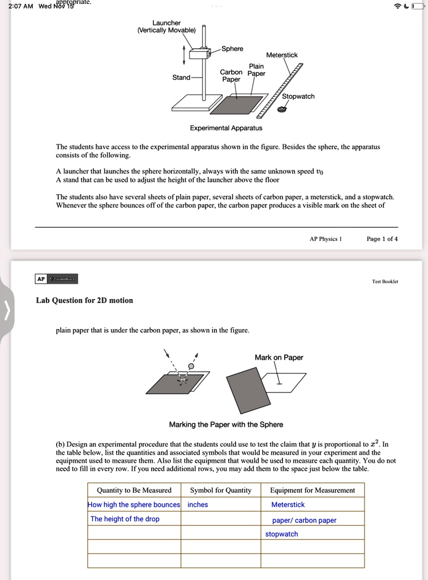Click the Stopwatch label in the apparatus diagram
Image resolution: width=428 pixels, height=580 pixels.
point(298,96)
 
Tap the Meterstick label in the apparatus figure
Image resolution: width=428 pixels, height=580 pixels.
point(282,55)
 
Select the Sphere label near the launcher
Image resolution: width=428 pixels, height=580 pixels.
point(232,49)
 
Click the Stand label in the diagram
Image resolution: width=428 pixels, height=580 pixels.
point(181,78)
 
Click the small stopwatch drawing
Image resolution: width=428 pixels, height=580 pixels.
point(282,110)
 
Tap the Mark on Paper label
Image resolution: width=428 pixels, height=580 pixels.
point(279,357)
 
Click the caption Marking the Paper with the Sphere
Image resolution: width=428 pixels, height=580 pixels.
point(226,424)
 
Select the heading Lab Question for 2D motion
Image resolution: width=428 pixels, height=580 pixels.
point(84,300)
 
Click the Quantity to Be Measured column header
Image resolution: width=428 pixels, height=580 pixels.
point(134,490)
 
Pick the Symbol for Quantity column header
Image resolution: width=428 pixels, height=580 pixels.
point(220,490)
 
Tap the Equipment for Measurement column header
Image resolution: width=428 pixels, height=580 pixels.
point(313,490)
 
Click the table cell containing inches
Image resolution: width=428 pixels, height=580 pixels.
point(198,505)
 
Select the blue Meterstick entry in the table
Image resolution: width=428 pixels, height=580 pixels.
point(288,505)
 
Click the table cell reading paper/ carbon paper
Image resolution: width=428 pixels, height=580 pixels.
point(304,520)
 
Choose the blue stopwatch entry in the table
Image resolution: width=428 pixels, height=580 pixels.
point(281,534)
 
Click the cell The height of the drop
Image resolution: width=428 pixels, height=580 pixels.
point(125,519)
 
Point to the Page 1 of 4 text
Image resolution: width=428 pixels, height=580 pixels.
point(382,238)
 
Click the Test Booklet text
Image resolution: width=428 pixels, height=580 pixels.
point(385,282)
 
